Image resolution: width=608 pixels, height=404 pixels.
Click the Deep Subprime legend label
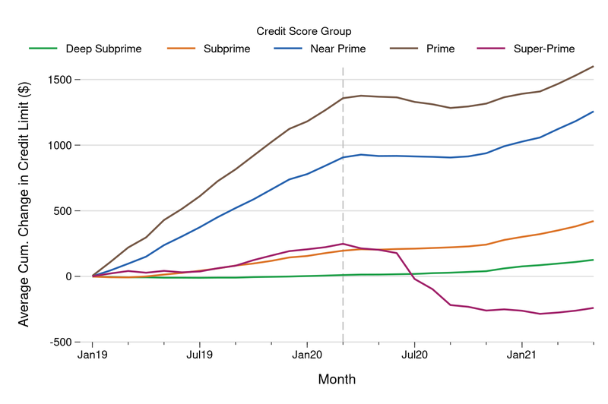103,49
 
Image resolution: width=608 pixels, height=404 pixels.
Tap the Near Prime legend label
337,49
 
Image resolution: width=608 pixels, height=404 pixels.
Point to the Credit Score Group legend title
304,30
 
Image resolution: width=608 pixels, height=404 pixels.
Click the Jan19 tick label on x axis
93,355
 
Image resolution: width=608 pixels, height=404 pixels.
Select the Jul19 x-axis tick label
199,355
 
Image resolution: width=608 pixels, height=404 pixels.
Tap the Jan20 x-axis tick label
307,355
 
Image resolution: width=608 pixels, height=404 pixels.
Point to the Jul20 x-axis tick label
414,355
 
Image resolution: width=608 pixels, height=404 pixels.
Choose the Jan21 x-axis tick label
521,355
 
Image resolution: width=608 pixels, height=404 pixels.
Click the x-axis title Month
337,379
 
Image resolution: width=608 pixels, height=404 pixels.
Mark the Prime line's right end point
594,66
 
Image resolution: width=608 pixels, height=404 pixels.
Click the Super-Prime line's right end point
594,308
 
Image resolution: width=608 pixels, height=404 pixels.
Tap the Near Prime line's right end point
594,112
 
